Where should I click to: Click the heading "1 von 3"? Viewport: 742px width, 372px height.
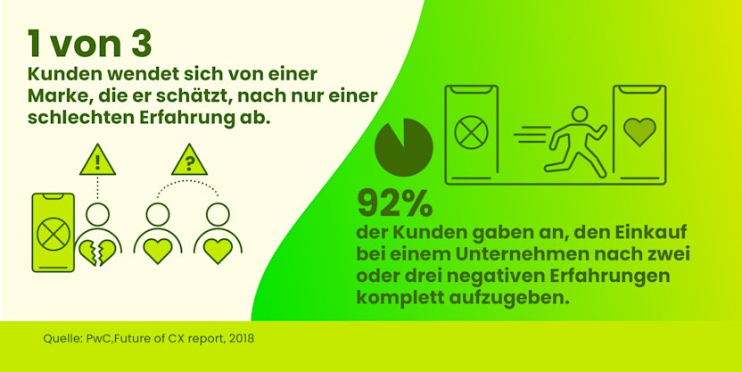tap(88, 42)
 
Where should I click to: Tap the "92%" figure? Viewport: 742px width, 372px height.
tap(394, 204)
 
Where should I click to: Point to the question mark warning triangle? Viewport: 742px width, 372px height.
tap(188, 161)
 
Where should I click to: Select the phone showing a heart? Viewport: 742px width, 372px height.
tap(639, 134)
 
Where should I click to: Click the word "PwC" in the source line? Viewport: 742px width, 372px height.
tap(100, 339)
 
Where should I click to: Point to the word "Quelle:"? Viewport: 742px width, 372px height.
tap(62, 339)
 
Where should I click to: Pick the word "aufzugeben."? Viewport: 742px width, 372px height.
tap(507, 297)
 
